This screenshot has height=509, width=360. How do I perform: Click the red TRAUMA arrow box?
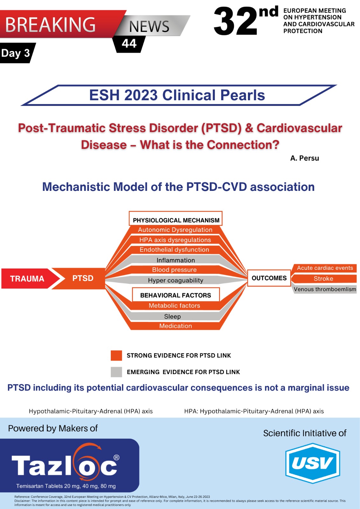[x=27, y=279]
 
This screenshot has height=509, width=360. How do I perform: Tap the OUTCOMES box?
[x=269, y=278]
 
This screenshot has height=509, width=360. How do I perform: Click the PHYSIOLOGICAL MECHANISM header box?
[x=176, y=220]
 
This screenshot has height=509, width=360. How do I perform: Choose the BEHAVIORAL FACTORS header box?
[x=175, y=295]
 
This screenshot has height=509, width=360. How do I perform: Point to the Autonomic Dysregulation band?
[x=175, y=230]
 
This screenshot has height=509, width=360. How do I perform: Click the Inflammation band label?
[x=176, y=260]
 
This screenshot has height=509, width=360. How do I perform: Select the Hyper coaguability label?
[x=175, y=280]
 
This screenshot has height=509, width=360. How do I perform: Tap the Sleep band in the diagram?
[x=173, y=317]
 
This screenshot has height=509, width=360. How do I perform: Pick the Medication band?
[x=175, y=326]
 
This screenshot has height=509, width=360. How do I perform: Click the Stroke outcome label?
[x=323, y=279]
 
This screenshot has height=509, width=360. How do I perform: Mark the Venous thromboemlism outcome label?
[x=325, y=289]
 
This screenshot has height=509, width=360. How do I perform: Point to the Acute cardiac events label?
[x=325, y=268]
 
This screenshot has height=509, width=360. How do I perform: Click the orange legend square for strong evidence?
[x=116, y=355]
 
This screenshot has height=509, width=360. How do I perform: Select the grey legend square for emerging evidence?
[x=116, y=372]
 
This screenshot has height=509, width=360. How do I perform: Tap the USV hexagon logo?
[x=313, y=463]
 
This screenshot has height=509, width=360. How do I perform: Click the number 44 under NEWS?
[x=129, y=44]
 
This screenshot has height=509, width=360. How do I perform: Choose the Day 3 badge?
[x=16, y=53]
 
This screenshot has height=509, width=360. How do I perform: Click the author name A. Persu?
[x=304, y=158]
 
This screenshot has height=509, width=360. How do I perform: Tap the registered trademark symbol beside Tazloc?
[x=116, y=457]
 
